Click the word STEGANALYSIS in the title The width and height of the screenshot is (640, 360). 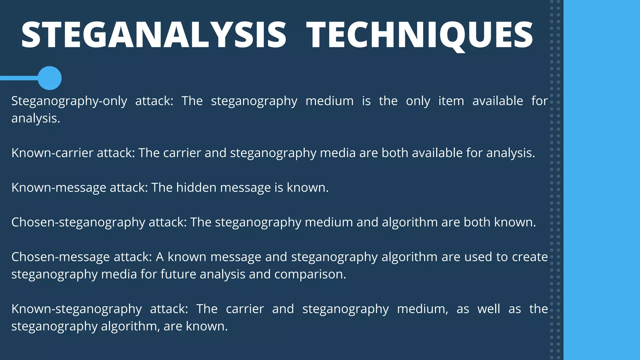tap(153, 35)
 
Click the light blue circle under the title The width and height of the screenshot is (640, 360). tap(50, 78)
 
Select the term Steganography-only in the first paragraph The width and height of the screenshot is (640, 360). tap(69, 101)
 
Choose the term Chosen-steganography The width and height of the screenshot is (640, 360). tap(78, 222)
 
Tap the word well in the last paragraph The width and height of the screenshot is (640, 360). tap(489, 309)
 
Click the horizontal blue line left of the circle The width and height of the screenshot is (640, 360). tap(19, 78)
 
